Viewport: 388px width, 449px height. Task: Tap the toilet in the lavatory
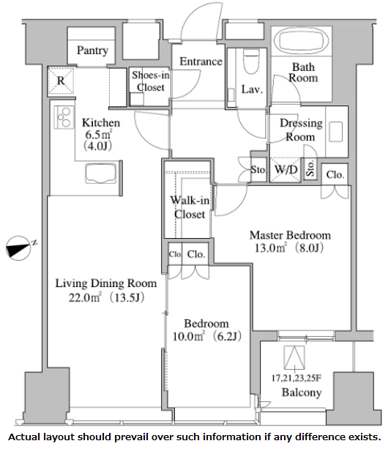pyautogui.click(x=251, y=61)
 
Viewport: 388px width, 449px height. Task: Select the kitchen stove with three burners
pyautogui.click(x=64, y=117)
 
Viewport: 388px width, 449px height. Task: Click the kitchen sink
pyautogui.click(x=101, y=173)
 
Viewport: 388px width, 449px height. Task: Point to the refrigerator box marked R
pyautogui.click(x=61, y=81)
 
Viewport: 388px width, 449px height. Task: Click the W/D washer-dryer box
pyautogui.click(x=286, y=169)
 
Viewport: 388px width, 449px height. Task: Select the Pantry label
pyautogui.click(x=92, y=51)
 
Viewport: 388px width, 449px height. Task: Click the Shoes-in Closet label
pyautogui.click(x=151, y=81)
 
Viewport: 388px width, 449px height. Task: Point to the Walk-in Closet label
pyautogui.click(x=190, y=207)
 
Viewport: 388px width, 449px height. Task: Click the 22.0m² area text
pyautogui.click(x=85, y=298)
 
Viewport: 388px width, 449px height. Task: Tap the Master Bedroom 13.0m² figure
pyautogui.click(x=270, y=248)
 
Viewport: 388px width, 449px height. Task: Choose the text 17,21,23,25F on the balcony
pyautogui.click(x=296, y=378)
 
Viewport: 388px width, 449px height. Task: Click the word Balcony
pyautogui.click(x=302, y=393)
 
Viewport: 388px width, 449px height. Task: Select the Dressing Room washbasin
pyautogui.click(x=335, y=132)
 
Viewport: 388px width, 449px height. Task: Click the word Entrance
pyautogui.click(x=201, y=62)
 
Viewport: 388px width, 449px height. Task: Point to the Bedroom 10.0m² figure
pyautogui.click(x=188, y=336)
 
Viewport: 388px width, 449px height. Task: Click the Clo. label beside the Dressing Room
pyautogui.click(x=335, y=174)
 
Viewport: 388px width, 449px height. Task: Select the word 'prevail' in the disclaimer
pyautogui.click(x=133, y=437)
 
